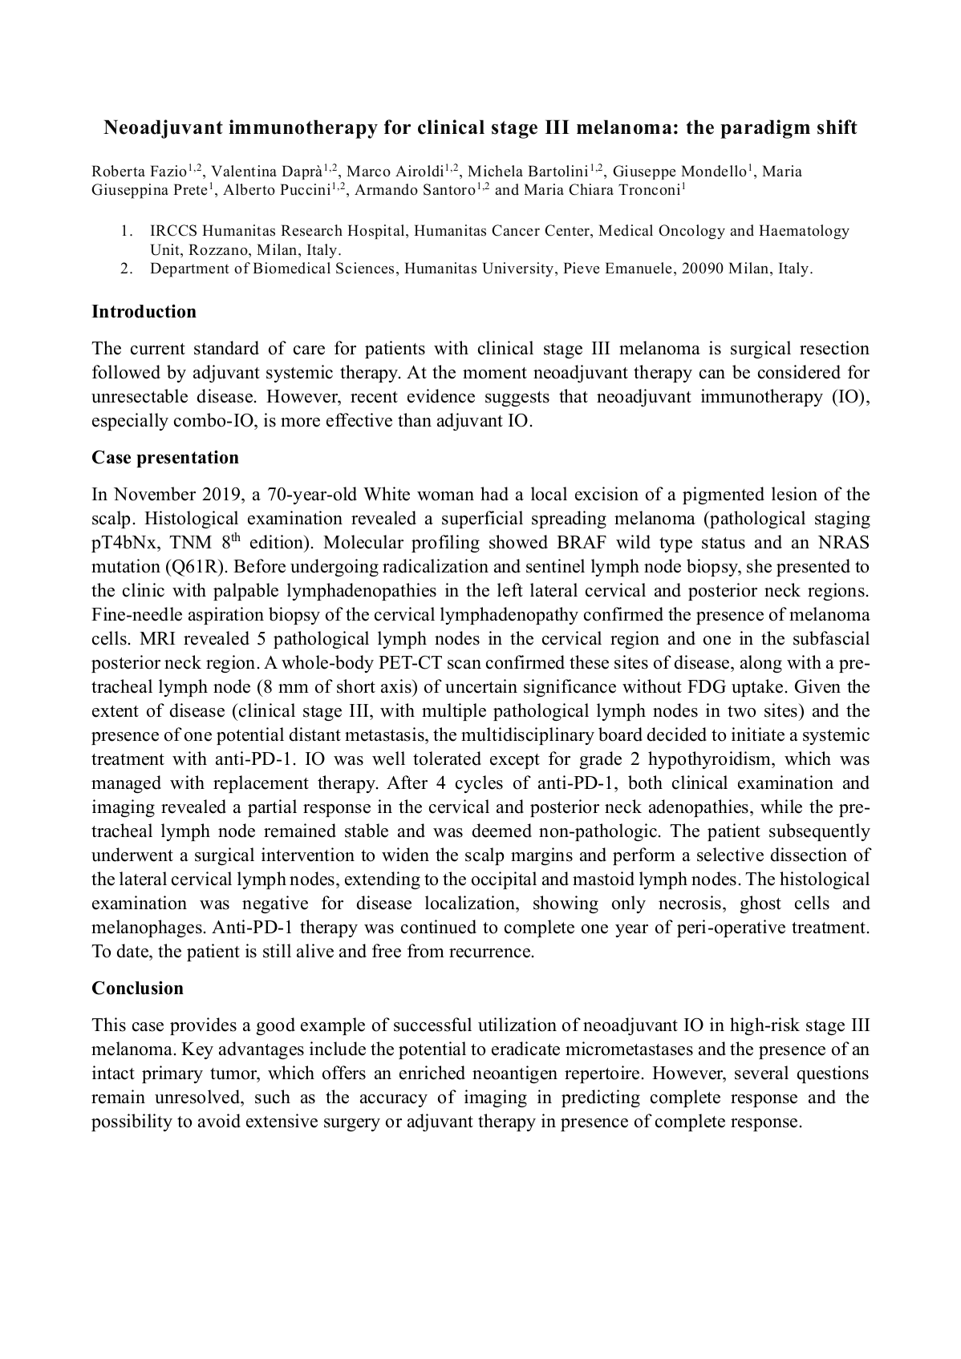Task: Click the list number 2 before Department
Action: pos(126,269)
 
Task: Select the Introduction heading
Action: pos(144,312)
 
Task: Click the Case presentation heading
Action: pos(165,458)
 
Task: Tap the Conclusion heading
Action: pos(137,989)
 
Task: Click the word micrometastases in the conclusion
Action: pos(627,1050)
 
